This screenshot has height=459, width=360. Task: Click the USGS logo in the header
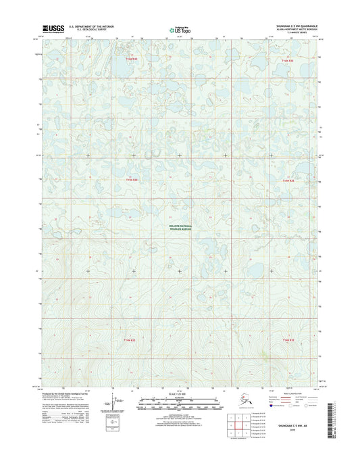pos(52,28)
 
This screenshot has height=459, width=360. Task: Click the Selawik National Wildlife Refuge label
pos(180,228)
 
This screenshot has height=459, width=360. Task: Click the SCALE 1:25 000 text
pos(179,393)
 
